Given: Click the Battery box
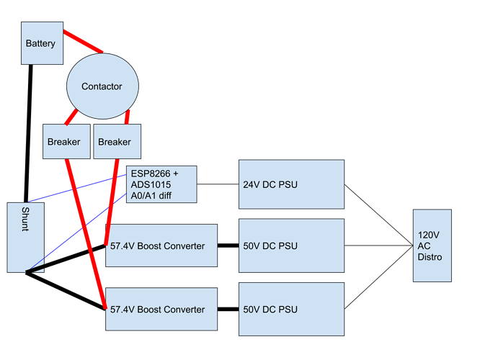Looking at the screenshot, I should pos(40,43).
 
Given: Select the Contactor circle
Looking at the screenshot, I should pos(102,86).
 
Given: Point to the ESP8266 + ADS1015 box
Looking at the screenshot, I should pos(161,184).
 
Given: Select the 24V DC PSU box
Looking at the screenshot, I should pos(292,184).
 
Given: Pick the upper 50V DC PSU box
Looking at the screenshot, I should pos(292,246).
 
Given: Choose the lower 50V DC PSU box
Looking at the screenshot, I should pos(292,310).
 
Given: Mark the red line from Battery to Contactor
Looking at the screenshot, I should pos(82,42).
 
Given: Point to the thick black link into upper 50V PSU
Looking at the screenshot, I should pos(228,246).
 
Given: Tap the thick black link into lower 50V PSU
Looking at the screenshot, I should pos(228,310).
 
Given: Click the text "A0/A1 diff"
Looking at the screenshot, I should pos(154,194).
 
